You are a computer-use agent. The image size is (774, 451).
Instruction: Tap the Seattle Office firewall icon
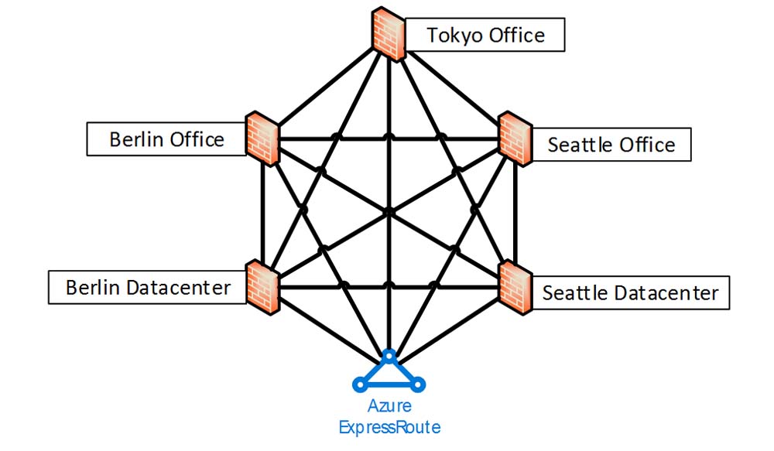513,138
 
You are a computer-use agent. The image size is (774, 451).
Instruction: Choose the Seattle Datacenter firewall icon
513,287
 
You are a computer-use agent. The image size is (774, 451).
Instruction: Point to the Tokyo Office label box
485,35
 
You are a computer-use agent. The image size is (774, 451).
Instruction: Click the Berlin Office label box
166,139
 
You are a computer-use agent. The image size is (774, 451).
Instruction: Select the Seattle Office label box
611,145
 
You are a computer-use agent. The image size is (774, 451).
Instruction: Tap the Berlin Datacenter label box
147,288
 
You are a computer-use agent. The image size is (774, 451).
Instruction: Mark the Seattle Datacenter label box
630,293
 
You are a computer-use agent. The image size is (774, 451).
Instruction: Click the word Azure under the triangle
389,406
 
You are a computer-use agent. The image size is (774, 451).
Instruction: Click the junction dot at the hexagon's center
389,211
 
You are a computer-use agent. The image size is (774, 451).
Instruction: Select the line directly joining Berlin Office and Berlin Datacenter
263,213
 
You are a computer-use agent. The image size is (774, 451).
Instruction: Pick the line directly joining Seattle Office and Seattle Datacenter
513,213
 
